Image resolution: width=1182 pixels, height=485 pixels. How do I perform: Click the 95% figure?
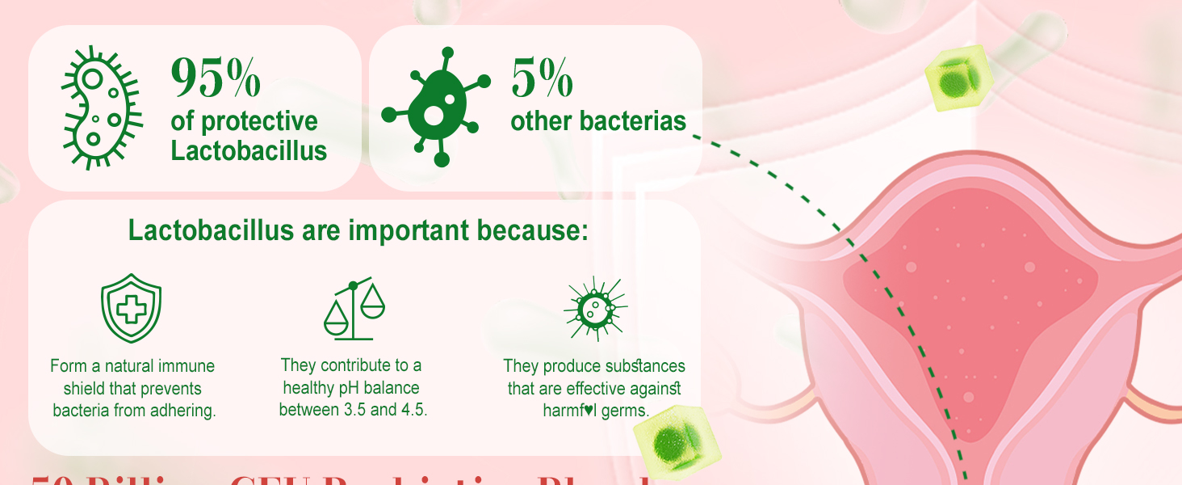point(216,78)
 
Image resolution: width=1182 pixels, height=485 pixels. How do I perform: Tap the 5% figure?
point(542,78)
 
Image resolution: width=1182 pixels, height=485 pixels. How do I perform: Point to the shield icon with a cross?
point(131,310)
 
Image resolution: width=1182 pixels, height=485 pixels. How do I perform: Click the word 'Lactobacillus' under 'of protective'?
point(249,150)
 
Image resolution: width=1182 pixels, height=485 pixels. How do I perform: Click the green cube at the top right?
point(958,78)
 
